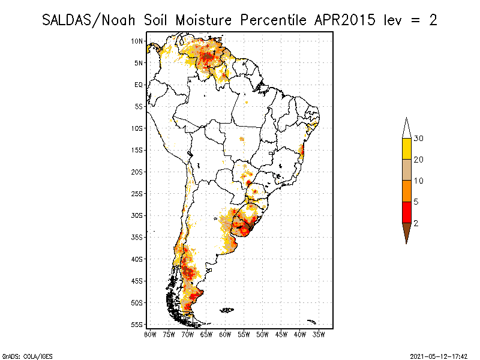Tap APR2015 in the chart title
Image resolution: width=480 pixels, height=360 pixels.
click(x=343, y=20)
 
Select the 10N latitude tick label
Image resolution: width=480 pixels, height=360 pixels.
click(x=137, y=41)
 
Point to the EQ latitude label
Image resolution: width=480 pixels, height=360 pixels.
click(x=139, y=85)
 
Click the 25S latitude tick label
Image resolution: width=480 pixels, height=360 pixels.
click(x=137, y=194)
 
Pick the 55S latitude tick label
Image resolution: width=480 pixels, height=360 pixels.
click(x=137, y=325)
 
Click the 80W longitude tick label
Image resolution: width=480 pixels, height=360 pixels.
click(x=150, y=334)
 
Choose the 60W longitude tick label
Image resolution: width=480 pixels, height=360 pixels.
click(x=225, y=334)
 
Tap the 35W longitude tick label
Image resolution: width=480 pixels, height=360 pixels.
click(x=319, y=334)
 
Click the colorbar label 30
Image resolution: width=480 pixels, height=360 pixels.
click(x=419, y=139)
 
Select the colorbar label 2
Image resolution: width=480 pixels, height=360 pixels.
click(x=416, y=223)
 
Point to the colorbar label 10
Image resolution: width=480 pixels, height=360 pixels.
click(x=419, y=181)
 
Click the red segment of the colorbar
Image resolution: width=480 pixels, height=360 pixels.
click(x=406, y=212)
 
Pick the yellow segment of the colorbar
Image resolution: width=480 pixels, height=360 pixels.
click(x=406, y=149)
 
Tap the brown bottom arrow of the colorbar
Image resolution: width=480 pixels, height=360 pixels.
click(x=406, y=232)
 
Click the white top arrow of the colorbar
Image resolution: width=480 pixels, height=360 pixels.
click(x=406, y=128)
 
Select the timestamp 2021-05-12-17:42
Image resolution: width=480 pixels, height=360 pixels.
click(x=439, y=355)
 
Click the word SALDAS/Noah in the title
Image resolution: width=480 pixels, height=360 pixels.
click(x=89, y=20)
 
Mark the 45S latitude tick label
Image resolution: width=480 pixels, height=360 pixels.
click(x=137, y=281)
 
